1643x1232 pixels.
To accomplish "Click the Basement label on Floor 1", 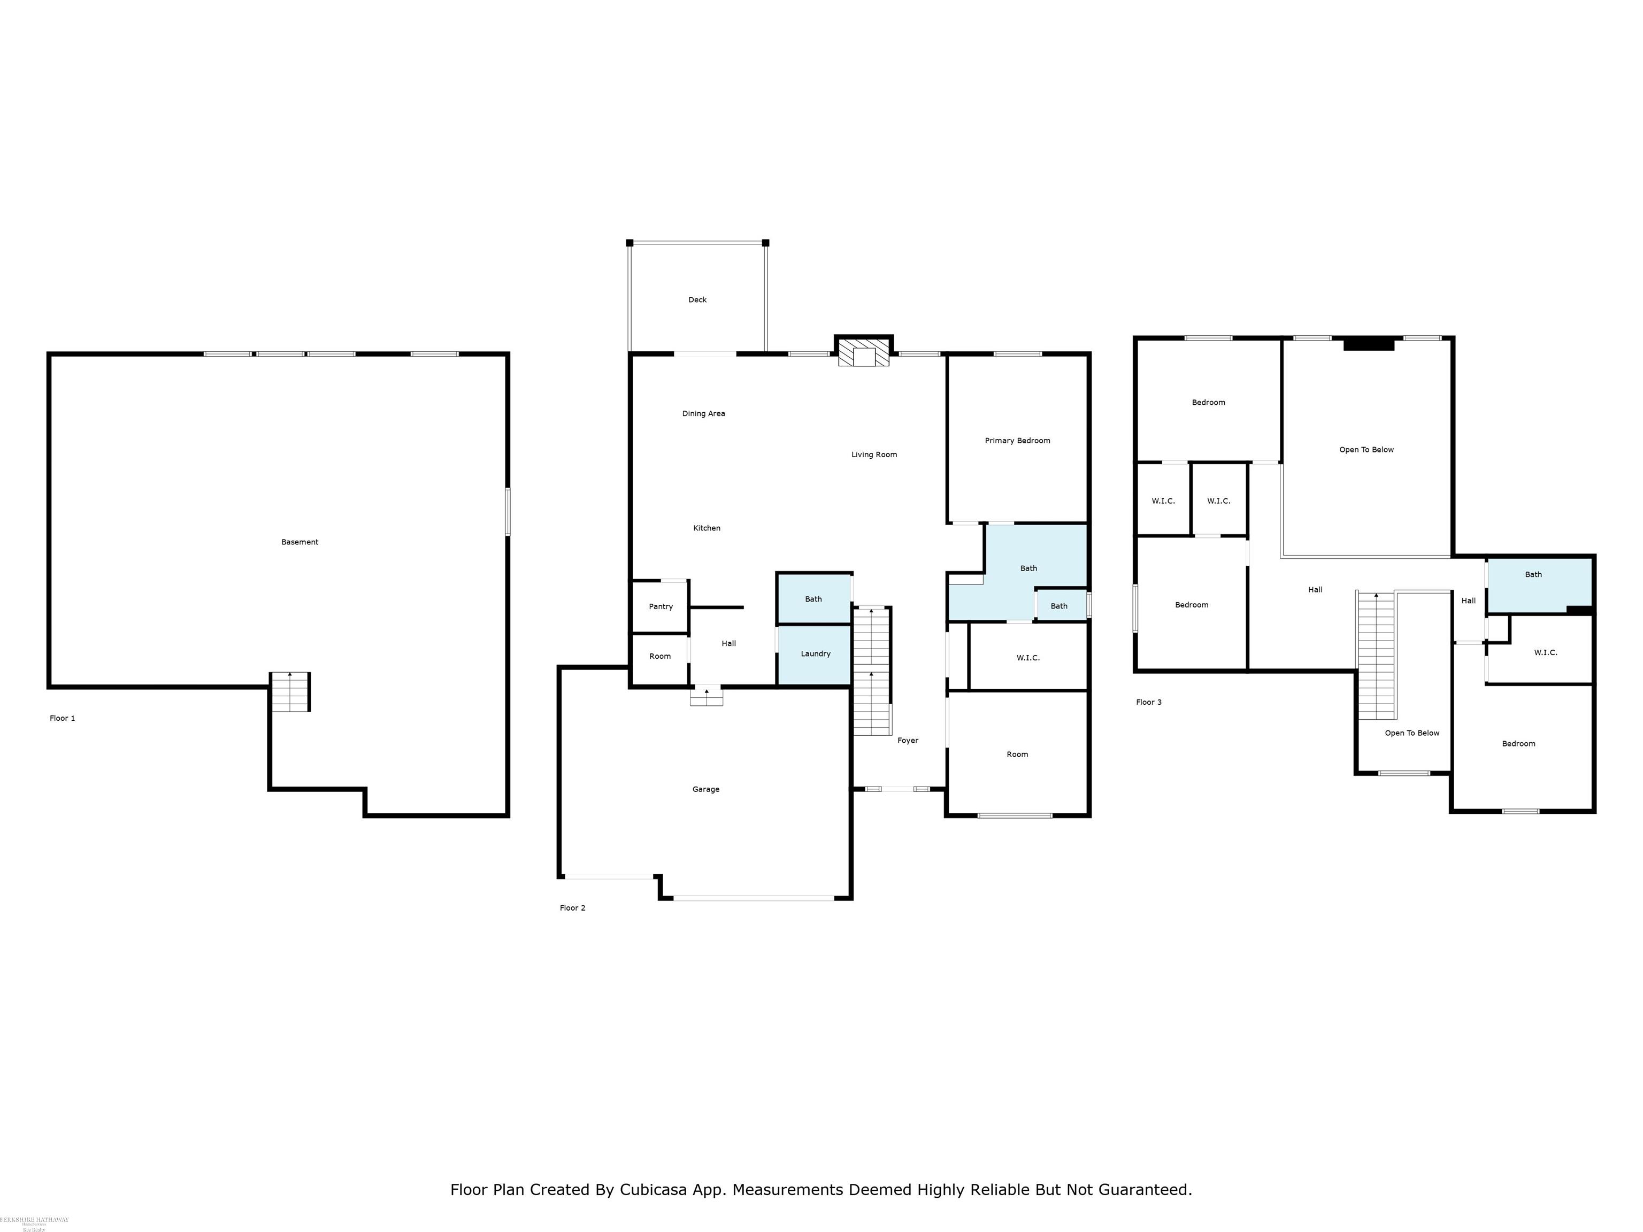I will (x=300, y=542).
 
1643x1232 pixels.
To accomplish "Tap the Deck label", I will (x=697, y=300).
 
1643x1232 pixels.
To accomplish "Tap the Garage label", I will (x=705, y=789).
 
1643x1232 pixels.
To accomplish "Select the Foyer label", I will (x=907, y=741).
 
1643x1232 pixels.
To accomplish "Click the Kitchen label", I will (x=707, y=528).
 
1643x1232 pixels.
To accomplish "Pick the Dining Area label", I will (x=703, y=414).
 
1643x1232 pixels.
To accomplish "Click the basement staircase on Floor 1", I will (x=290, y=692).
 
